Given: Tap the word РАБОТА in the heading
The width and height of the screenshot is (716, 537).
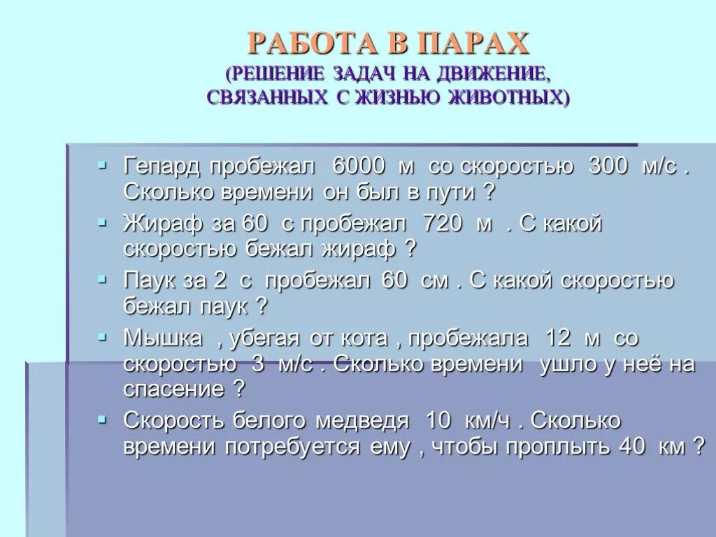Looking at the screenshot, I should (x=312, y=44).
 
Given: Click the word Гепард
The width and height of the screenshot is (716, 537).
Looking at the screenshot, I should (x=162, y=167).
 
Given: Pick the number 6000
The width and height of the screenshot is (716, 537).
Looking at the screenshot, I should (x=359, y=167).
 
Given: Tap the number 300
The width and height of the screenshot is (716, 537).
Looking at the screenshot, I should (x=612, y=167).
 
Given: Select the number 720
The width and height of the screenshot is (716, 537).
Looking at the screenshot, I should (x=443, y=224).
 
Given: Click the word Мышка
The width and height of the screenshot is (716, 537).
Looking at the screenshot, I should (x=164, y=338).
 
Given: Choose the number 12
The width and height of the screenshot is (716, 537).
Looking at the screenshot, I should (x=558, y=338).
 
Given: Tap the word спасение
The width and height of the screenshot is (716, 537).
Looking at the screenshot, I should (x=173, y=389).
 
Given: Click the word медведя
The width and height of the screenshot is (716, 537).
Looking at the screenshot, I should (x=361, y=421).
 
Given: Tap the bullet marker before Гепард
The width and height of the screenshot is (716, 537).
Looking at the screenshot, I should (x=103, y=165).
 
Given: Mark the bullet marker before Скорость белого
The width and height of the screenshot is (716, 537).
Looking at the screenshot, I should (x=103, y=419).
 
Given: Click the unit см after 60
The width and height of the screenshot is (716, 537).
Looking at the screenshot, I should (x=434, y=281).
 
